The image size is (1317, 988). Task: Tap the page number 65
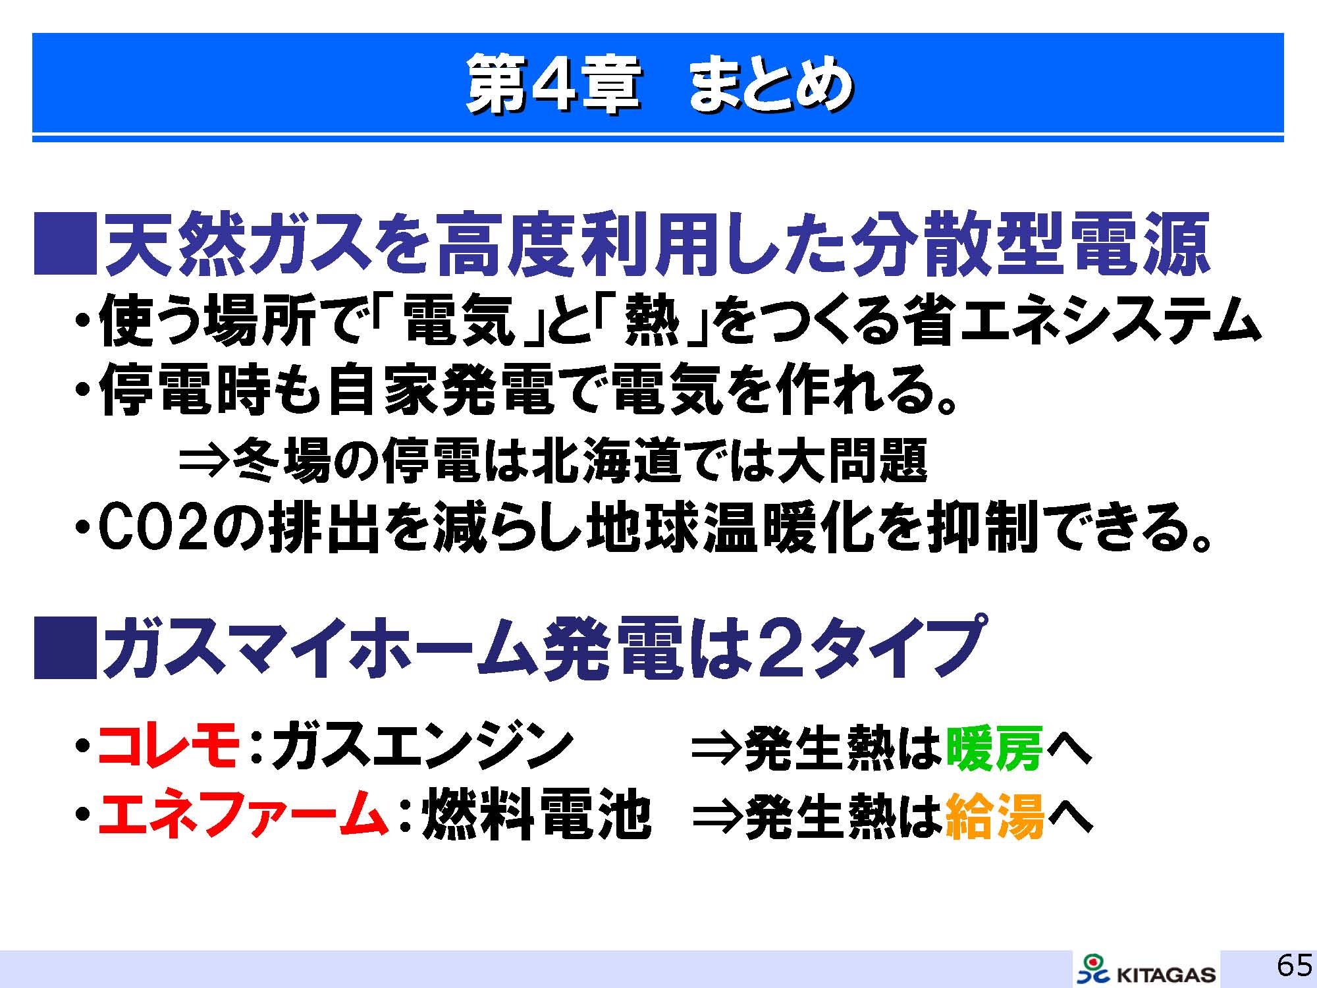[1294, 966]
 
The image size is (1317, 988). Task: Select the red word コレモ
[169, 746]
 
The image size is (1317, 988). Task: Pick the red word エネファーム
[242, 816]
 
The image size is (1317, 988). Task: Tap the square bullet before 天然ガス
[65, 243]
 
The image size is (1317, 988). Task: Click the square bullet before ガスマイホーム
[65, 647]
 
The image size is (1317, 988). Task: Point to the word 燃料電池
[536, 817]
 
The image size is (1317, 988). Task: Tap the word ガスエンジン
[421, 746]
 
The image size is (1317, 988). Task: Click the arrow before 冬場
[205, 460]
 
